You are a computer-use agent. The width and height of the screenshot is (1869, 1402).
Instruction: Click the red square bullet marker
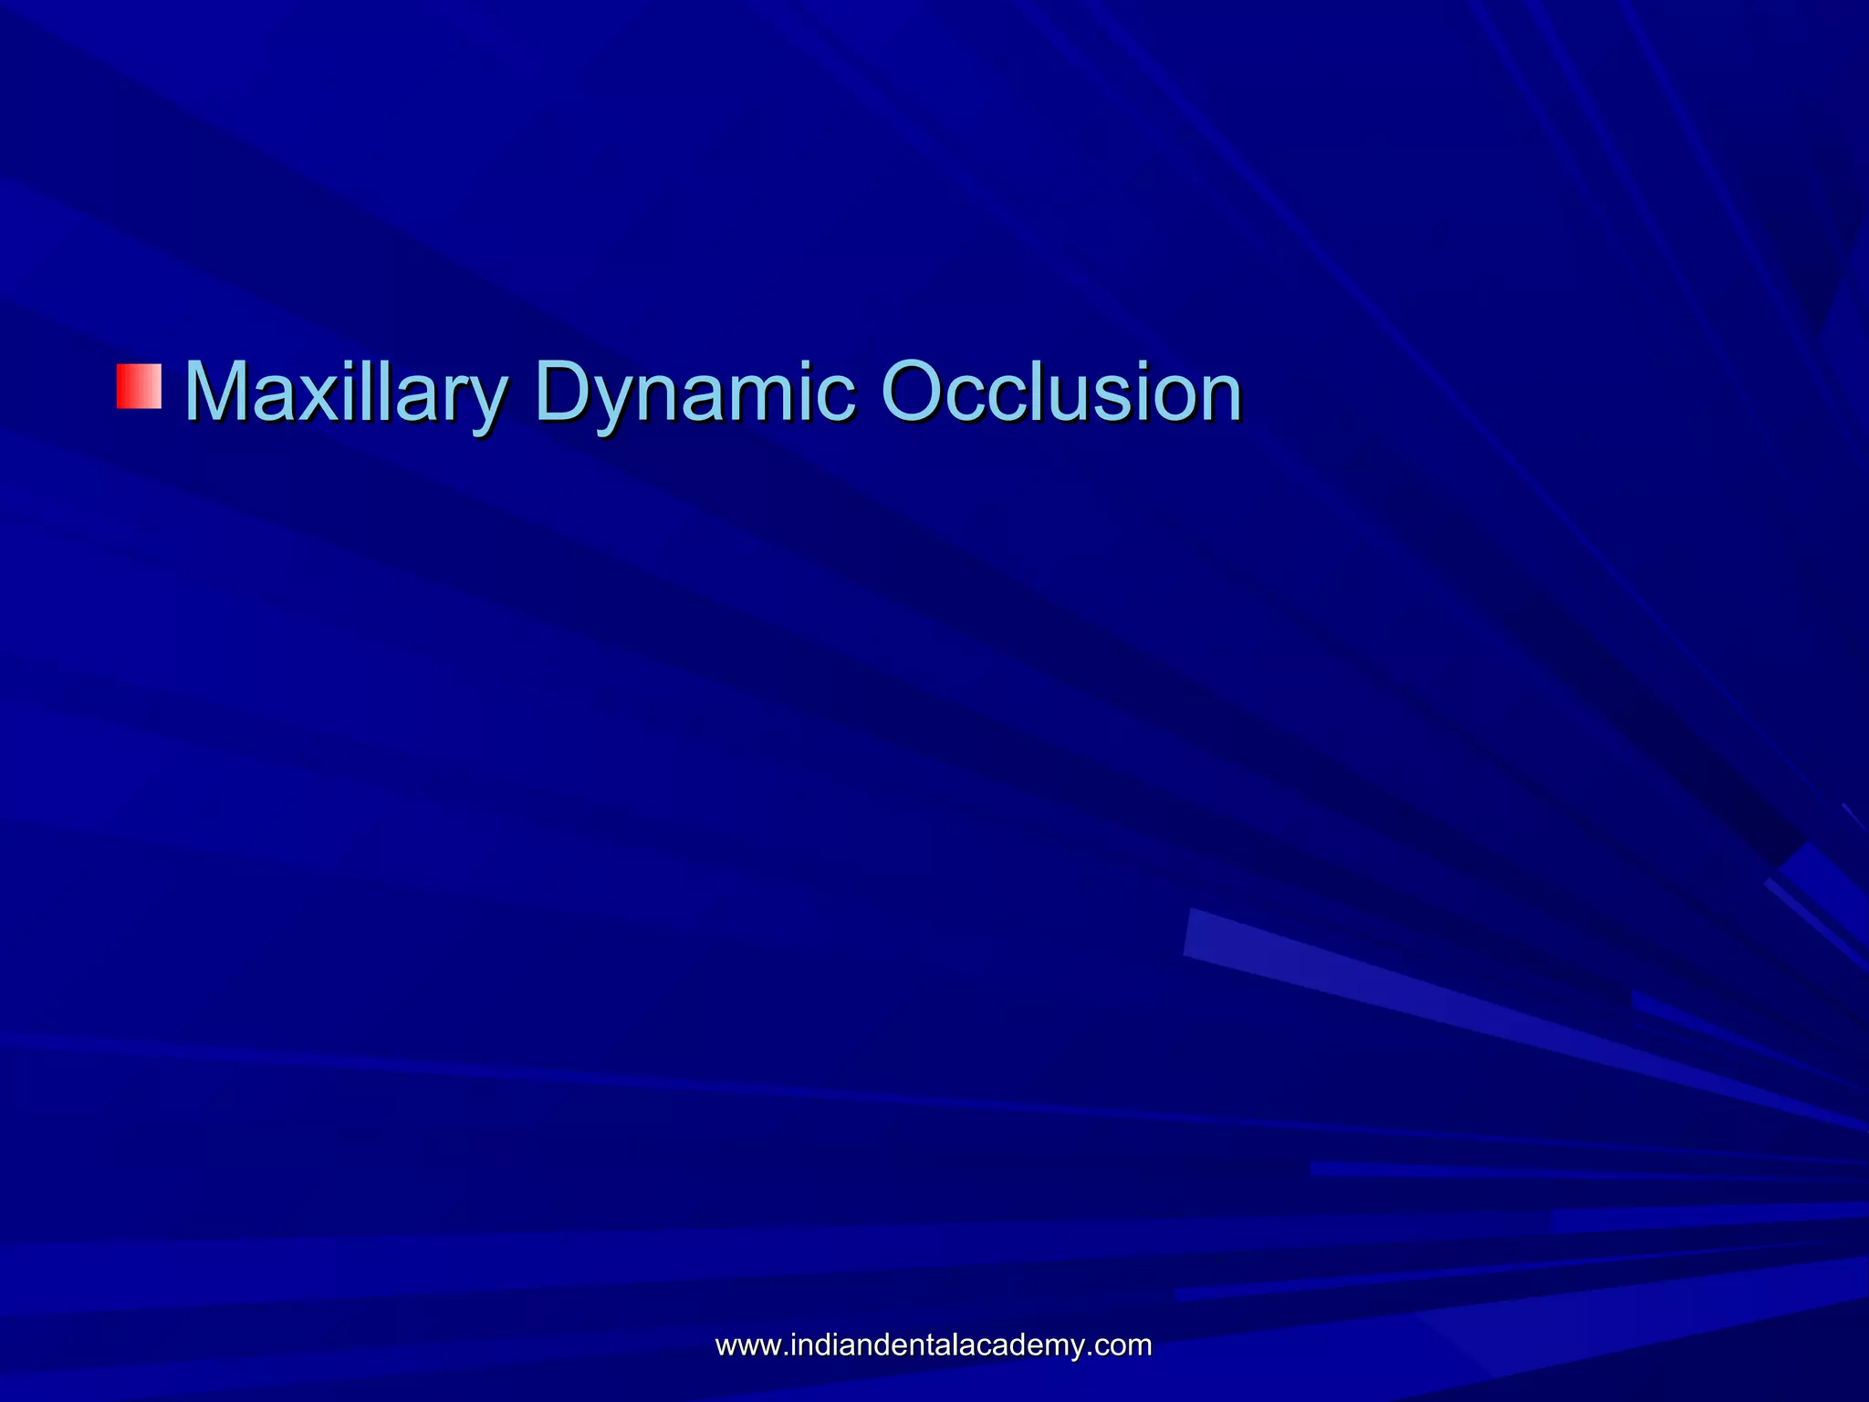point(139,385)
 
